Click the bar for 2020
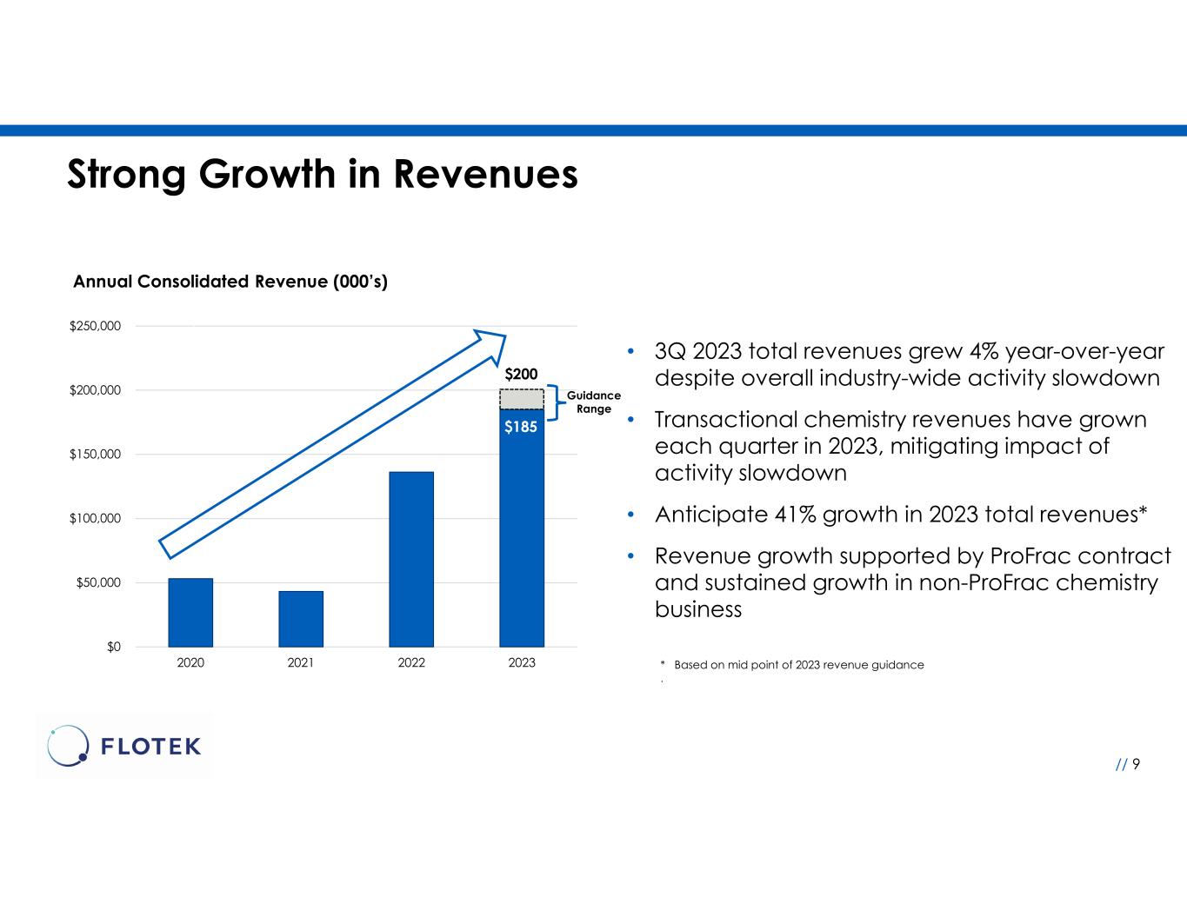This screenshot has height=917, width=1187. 190,612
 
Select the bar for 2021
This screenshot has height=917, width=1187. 301,619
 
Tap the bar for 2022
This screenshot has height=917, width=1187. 411,559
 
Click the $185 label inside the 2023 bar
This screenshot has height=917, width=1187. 522,427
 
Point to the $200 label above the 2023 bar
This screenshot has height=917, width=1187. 522,375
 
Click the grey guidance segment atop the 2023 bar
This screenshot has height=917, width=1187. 522,399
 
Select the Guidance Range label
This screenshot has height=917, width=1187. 594,402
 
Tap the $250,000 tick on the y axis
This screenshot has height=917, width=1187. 95,326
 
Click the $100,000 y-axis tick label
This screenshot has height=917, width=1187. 95,519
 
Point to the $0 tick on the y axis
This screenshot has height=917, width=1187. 114,647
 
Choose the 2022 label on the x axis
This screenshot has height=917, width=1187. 411,663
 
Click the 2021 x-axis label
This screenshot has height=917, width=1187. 301,663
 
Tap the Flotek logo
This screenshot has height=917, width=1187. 124,746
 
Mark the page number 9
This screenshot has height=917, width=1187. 1136,764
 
